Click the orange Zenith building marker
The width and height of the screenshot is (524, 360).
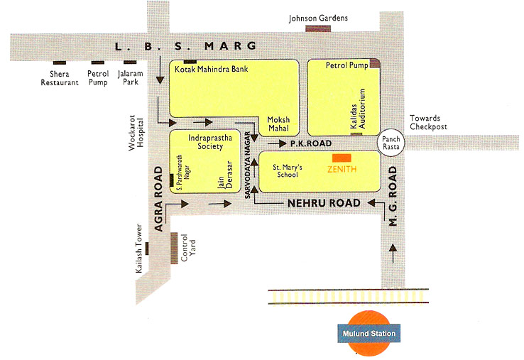point(342,157)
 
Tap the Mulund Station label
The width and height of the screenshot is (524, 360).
point(366,333)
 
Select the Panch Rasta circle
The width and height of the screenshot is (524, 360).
point(390,143)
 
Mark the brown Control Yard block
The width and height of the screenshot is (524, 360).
point(174,246)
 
